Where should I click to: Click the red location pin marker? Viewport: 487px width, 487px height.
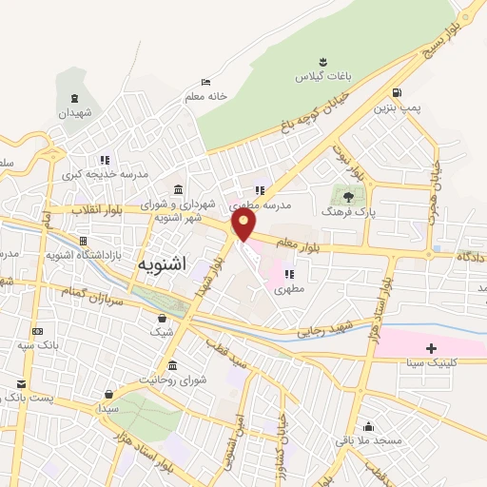coord(243,224)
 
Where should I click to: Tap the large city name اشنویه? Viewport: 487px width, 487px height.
coord(162,263)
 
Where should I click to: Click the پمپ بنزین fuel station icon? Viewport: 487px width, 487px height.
coord(396,92)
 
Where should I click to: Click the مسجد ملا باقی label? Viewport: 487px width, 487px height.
coord(367,440)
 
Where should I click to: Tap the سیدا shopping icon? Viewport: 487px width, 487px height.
coord(110,393)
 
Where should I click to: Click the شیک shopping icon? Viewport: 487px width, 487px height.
coord(163,318)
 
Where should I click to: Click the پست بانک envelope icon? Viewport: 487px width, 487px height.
coord(21,382)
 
